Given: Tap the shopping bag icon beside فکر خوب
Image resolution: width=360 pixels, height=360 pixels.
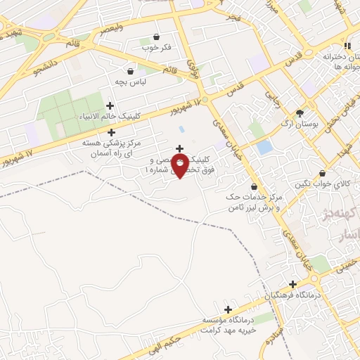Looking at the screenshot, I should [x=156, y=37].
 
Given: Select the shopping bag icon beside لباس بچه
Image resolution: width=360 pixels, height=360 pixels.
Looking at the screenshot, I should [x=130, y=71].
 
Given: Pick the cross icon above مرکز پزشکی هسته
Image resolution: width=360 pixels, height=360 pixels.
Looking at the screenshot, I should [x=110, y=132].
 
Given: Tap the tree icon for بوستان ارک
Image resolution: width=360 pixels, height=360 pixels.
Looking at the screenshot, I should [x=300, y=113].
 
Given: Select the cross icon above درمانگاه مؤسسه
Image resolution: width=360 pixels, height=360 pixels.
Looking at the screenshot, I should [x=228, y=309].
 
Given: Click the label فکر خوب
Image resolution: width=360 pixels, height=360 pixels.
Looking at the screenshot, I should [x=157, y=48].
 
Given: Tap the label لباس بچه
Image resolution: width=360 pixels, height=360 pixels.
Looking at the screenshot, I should [x=130, y=82].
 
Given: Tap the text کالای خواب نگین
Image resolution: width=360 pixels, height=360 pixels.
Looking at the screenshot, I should [x=331, y=184].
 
